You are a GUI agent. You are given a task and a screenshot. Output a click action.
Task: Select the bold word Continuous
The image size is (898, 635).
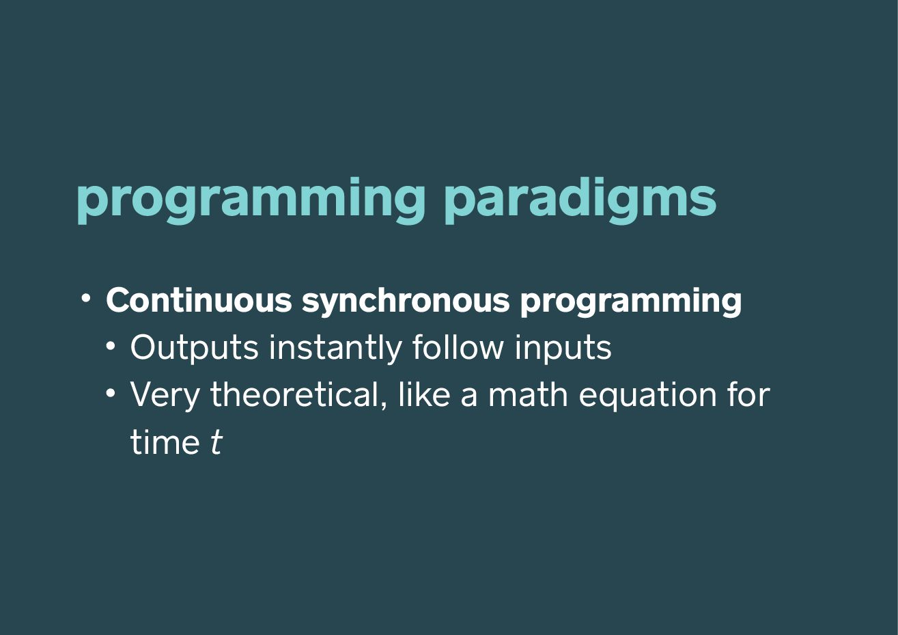click(x=199, y=300)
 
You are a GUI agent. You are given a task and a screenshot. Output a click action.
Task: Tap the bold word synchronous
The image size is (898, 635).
click(x=406, y=301)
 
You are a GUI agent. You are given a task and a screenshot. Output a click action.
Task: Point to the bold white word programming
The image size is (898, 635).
click(x=630, y=302)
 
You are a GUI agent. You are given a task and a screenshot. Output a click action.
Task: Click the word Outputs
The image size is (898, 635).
click(x=195, y=349)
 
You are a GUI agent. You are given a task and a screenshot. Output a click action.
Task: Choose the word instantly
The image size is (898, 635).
click(x=335, y=349)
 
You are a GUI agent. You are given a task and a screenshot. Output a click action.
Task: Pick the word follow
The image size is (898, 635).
click(x=458, y=347)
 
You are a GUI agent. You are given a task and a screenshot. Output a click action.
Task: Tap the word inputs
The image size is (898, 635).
click(x=563, y=349)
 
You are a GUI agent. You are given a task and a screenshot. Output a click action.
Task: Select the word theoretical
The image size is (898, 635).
click(x=298, y=395)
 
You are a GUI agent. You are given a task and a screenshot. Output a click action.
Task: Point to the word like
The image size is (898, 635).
click(x=424, y=394)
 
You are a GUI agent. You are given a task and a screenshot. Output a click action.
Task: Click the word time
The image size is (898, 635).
click(x=165, y=442)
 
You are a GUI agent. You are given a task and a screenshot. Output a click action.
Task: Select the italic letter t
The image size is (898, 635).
click(x=216, y=442)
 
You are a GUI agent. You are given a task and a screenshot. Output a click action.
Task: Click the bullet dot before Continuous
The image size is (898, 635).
click(x=85, y=298)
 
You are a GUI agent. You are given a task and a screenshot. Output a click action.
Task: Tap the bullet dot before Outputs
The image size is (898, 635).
click(x=111, y=346)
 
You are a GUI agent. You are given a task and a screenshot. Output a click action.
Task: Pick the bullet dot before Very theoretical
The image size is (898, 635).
click(x=111, y=393)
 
